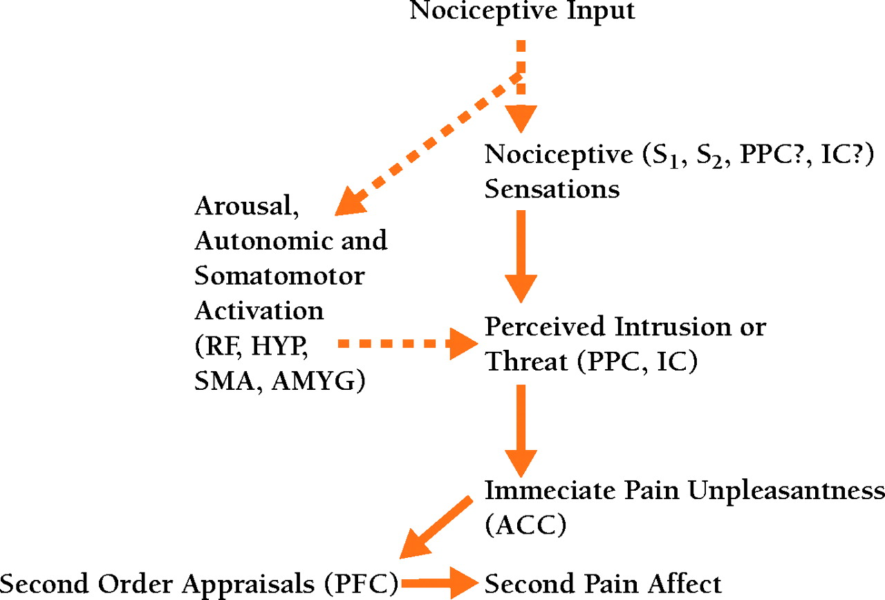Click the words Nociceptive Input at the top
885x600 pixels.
pyautogui.click(x=522, y=12)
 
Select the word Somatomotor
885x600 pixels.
pyautogui.click(x=279, y=276)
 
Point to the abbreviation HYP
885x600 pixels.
pyautogui.click(x=280, y=345)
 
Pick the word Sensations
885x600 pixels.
pyautogui.click(x=552, y=189)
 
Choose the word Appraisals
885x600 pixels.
pyautogui.click(x=240, y=584)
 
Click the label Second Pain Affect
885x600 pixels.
pyautogui.click(x=603, y=584)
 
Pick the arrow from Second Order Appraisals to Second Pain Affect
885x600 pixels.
pyautogui.click(x=438, y=585)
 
